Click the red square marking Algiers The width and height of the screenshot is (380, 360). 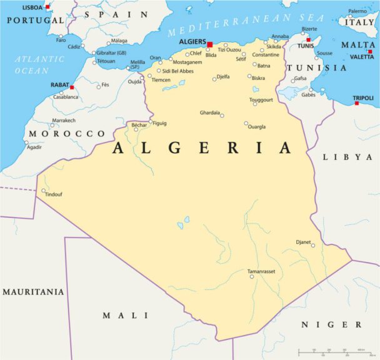pos(210,44)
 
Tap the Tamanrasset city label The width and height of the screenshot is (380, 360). pos(261,271)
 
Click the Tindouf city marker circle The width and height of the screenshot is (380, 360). pos(43,191)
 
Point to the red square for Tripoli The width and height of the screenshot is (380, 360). pos(357,103)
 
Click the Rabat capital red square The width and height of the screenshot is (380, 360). pos(72,87)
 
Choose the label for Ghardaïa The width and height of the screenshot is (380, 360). pos(209,112)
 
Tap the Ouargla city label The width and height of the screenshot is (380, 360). pos(256,127)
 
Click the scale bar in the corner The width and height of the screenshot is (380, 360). pos(331,351)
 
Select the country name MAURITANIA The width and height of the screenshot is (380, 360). pos(32,292)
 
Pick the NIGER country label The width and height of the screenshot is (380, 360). pos(331,324)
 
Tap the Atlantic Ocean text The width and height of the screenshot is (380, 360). pos(39,64)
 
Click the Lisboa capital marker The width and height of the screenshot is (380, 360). pos(47,7)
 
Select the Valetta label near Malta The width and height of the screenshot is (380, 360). pos(362,57)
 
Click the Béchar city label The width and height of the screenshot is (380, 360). pos(139,125)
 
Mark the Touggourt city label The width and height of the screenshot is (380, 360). pos(261,99)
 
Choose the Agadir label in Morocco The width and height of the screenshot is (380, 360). pos(34,147)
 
